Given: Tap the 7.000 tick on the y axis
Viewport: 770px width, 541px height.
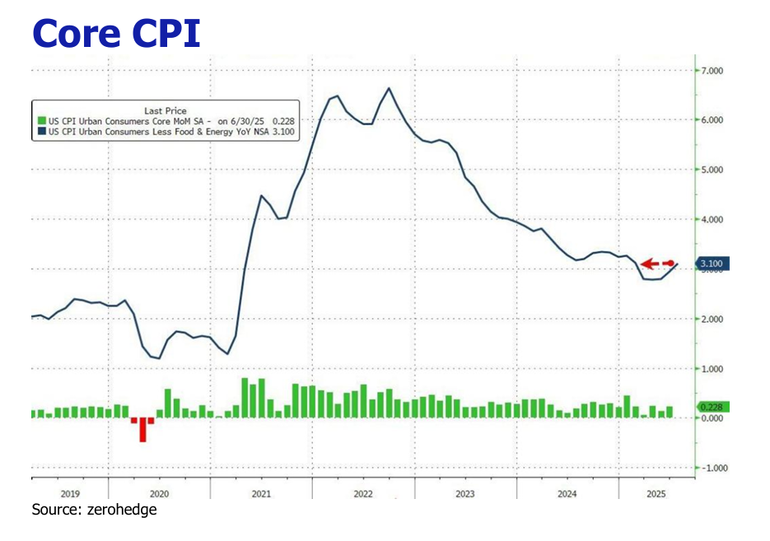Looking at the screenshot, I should click(x=711, y=71).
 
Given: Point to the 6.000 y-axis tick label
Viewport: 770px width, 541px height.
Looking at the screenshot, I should click(x=711, y=120).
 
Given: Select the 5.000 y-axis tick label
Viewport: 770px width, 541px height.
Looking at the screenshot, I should click(x=711, y=170).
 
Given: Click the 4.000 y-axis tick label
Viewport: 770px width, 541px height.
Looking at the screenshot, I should click(x=711, y=220).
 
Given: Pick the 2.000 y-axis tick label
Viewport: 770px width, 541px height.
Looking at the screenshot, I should click(x=711, y=319).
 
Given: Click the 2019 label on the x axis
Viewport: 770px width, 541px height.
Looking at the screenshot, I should click(x=69, y=493).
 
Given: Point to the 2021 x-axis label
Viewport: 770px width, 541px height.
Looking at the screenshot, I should click(x=260, y=493).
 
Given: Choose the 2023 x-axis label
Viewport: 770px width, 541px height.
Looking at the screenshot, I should click(x=464, y=493).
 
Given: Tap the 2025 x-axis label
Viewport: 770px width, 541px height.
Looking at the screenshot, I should click(x=656, y=493).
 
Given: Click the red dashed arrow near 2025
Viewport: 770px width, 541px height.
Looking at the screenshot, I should click(x=658, y=264).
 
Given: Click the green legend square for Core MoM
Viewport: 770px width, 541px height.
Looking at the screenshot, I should click(x=40, y=121).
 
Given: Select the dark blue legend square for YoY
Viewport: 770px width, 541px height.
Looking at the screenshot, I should click(x=40, y=131).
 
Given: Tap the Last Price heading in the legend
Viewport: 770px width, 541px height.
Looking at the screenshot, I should click(x=165, y=110).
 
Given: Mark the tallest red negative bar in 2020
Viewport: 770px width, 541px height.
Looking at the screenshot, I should click(x=142, y=429).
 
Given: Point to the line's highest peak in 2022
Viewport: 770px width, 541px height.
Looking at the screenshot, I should click(x=389, y=88).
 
